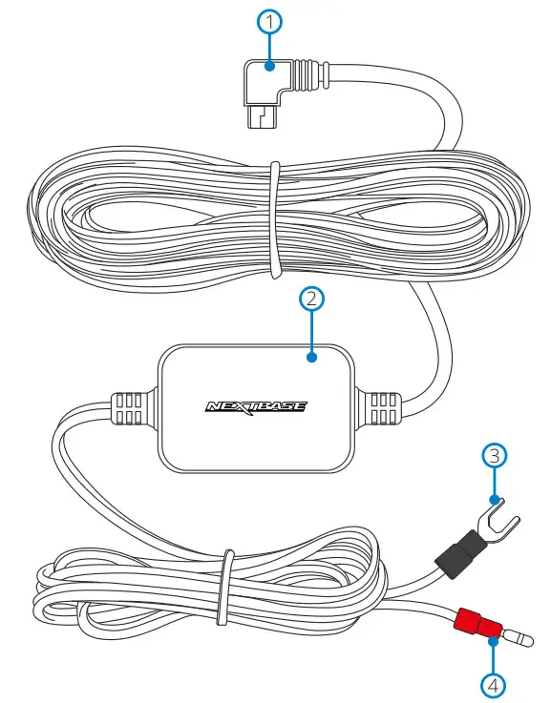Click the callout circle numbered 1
point(271,20)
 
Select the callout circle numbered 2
point(311,299)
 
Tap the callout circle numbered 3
point(493,455)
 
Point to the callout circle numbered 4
point(492,683)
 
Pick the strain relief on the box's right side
point(385,407)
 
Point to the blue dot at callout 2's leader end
point(311,358)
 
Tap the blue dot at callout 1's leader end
point(271,67)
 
